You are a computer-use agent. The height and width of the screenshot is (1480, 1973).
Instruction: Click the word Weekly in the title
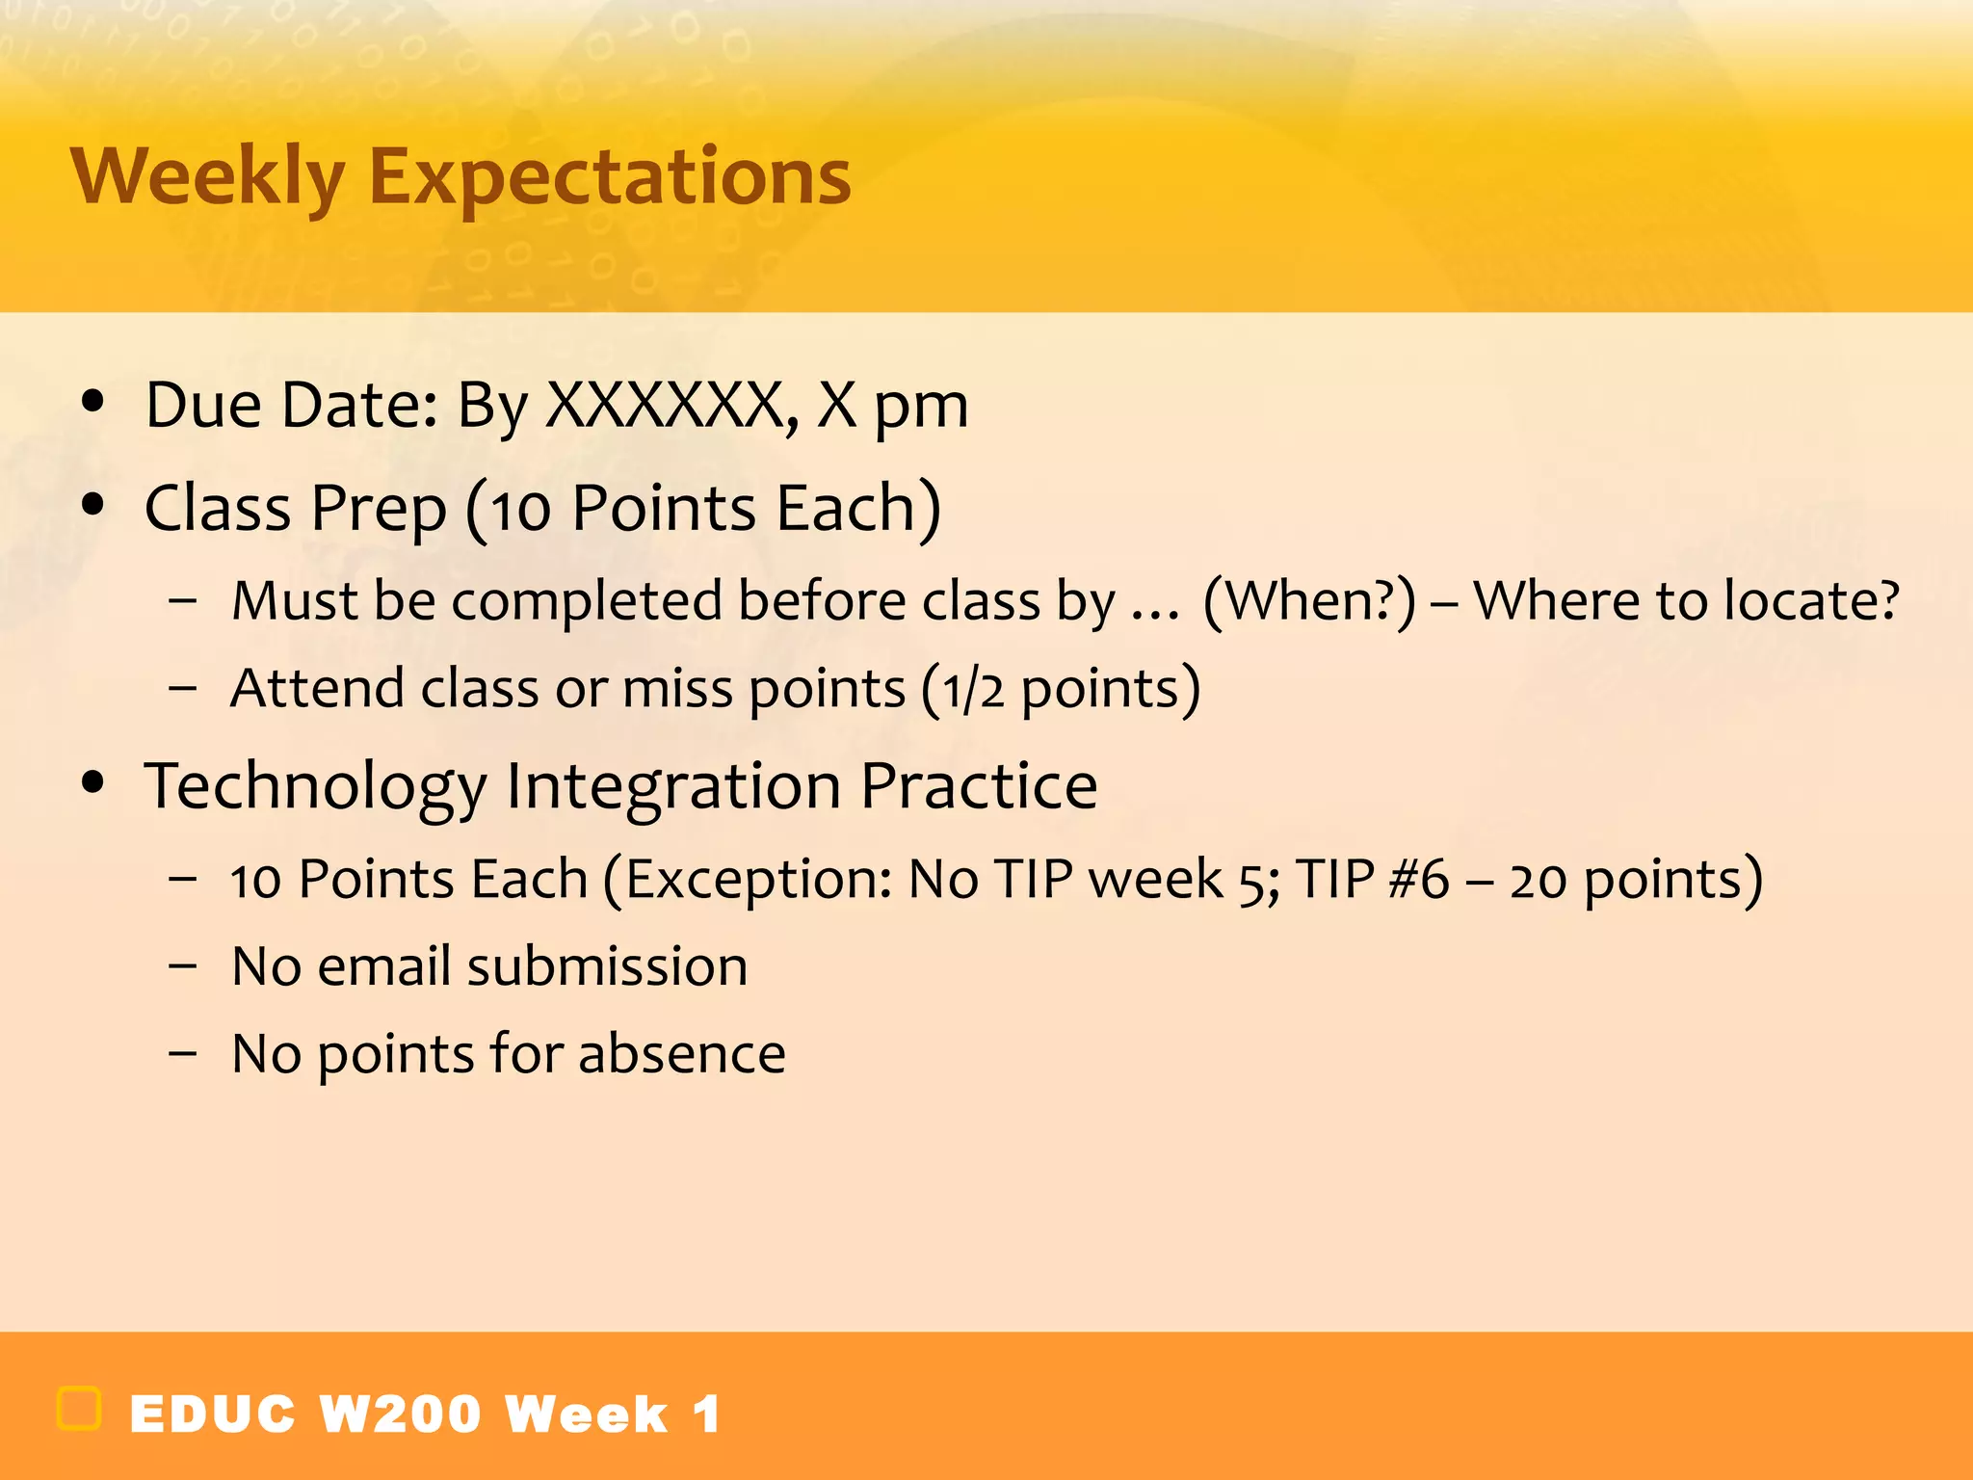207,178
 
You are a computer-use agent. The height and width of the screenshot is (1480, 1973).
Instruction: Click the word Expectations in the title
609,178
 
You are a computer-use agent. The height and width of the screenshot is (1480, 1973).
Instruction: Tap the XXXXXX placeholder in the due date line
665,405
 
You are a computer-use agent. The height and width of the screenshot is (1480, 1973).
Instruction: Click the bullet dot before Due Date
92,402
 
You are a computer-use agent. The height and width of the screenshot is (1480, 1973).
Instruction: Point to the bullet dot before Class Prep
92,505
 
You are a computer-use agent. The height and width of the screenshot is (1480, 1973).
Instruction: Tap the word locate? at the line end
1811,601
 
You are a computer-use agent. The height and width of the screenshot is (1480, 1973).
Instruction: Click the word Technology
316,786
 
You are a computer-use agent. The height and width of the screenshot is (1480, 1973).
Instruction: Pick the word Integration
673,786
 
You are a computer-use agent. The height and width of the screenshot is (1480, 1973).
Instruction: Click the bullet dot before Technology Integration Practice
92,782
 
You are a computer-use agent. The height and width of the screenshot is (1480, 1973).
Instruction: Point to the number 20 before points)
1539,880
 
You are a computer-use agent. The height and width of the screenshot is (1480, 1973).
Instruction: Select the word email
384,966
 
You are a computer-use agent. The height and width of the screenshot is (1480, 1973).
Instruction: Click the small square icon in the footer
79,1409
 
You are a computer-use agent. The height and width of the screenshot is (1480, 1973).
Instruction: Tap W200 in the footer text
400,1414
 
